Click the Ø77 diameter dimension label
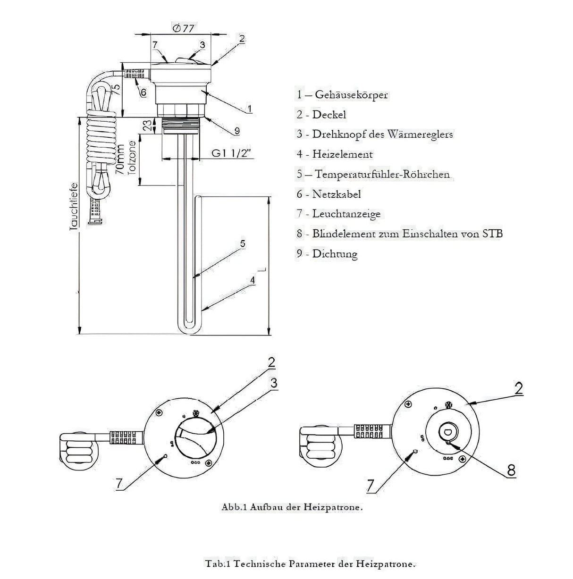(x=184, y=28)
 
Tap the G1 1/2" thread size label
(x=232, y=153)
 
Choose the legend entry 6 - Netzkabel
(x=329, y=194)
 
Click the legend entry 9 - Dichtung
(x=327, y=254)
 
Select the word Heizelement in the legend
(x=342, y=154)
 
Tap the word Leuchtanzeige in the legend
(x=346, y=214)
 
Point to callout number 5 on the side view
(x=242, y=244)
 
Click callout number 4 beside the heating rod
(x=253, y=280)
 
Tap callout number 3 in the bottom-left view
(x=273, y=383)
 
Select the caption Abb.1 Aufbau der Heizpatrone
(x=292, y=508)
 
